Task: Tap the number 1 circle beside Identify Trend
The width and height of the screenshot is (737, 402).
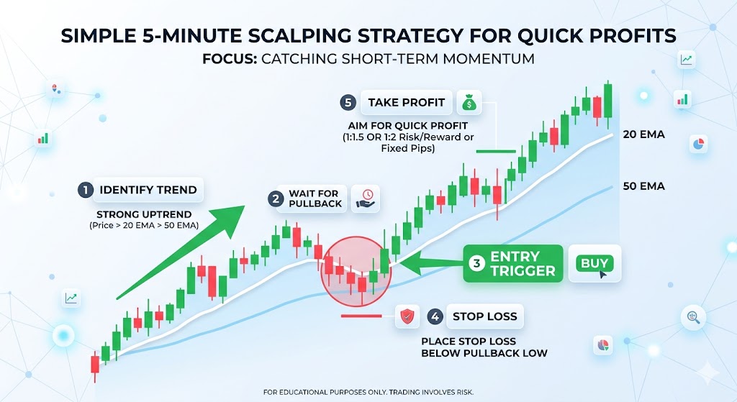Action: tap(86, 190)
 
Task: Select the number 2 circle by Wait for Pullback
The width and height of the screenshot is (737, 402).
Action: tap(276, 198)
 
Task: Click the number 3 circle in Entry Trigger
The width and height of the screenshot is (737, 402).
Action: tap(476, 263)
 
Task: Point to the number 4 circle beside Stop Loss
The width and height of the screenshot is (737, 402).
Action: tap(435, 316)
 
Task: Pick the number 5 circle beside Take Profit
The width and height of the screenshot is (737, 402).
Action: tap(349, 103)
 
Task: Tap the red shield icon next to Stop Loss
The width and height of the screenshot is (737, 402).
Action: tap(407, 316)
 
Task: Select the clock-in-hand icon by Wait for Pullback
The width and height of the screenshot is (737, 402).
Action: tap(366, 198)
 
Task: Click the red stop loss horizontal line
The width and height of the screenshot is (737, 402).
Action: tap(361, 316)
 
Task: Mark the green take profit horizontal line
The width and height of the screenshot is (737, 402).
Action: tap(496, 152)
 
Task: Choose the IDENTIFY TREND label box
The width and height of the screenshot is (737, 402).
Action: tap(148, 190)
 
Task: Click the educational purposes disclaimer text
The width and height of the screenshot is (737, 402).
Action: tap(368, 393)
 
